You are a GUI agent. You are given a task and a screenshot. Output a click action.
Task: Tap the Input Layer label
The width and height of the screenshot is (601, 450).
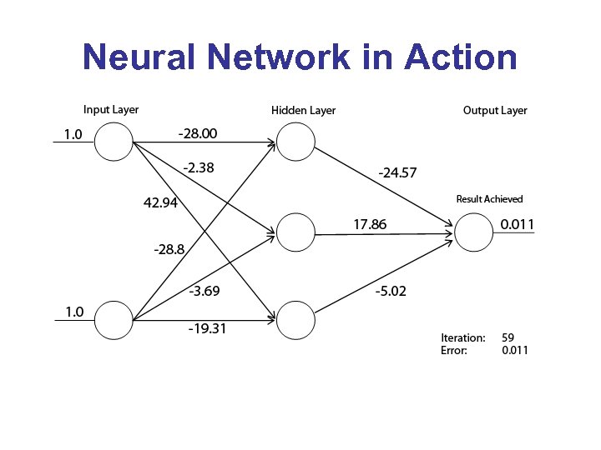point(111,109)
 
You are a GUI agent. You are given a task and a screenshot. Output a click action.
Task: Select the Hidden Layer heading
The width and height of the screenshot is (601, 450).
point(303,110)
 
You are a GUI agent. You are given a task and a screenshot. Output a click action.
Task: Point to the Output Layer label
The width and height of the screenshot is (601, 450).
point(495,110)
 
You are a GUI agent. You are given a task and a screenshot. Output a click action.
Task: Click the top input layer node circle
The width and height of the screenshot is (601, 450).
point(114,141)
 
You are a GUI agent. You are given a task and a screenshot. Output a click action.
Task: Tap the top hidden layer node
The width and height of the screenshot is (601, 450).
point(295,142)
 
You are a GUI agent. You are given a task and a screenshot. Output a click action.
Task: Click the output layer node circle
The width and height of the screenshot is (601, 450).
point(473,231)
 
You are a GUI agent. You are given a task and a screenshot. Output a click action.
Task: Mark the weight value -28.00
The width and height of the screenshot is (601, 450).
point(198,132)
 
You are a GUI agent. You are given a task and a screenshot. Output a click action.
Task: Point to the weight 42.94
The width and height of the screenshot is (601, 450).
point(160,203)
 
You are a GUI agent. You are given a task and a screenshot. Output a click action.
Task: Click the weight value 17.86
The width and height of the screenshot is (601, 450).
point(370,224)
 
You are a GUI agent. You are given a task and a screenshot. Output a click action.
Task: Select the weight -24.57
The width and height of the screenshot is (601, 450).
point(397,173)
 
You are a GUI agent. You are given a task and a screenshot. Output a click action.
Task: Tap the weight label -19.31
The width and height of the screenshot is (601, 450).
point(208,328)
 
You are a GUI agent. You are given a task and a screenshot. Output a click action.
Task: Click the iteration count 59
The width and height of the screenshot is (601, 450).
point(508,337)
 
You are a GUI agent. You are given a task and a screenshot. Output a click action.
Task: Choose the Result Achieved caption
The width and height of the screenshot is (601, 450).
point(489,199)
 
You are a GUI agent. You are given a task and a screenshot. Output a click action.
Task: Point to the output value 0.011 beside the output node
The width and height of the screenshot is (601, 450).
point(517,224)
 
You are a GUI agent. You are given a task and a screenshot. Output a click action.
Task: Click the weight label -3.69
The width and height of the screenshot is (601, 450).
point(204,291)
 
